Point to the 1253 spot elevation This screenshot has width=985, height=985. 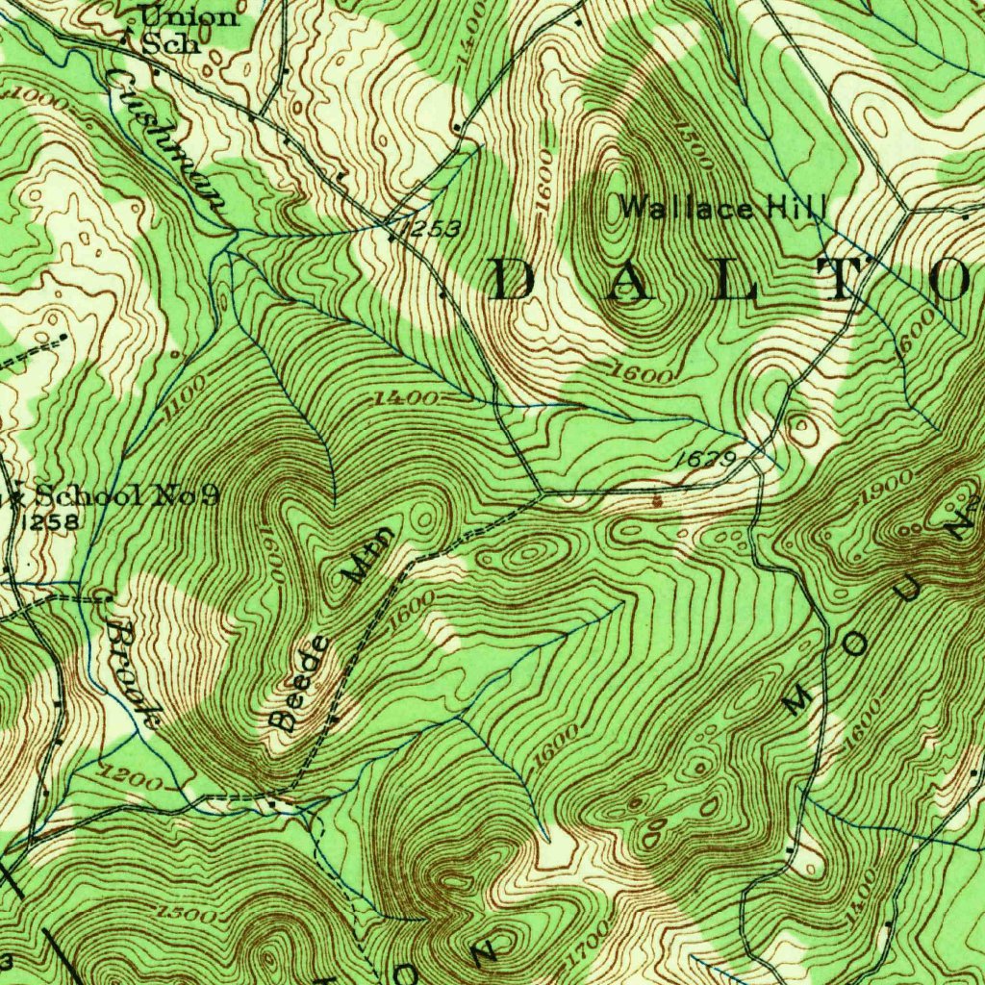click(432, 228)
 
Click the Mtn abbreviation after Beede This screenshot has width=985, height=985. click(368, 557)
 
